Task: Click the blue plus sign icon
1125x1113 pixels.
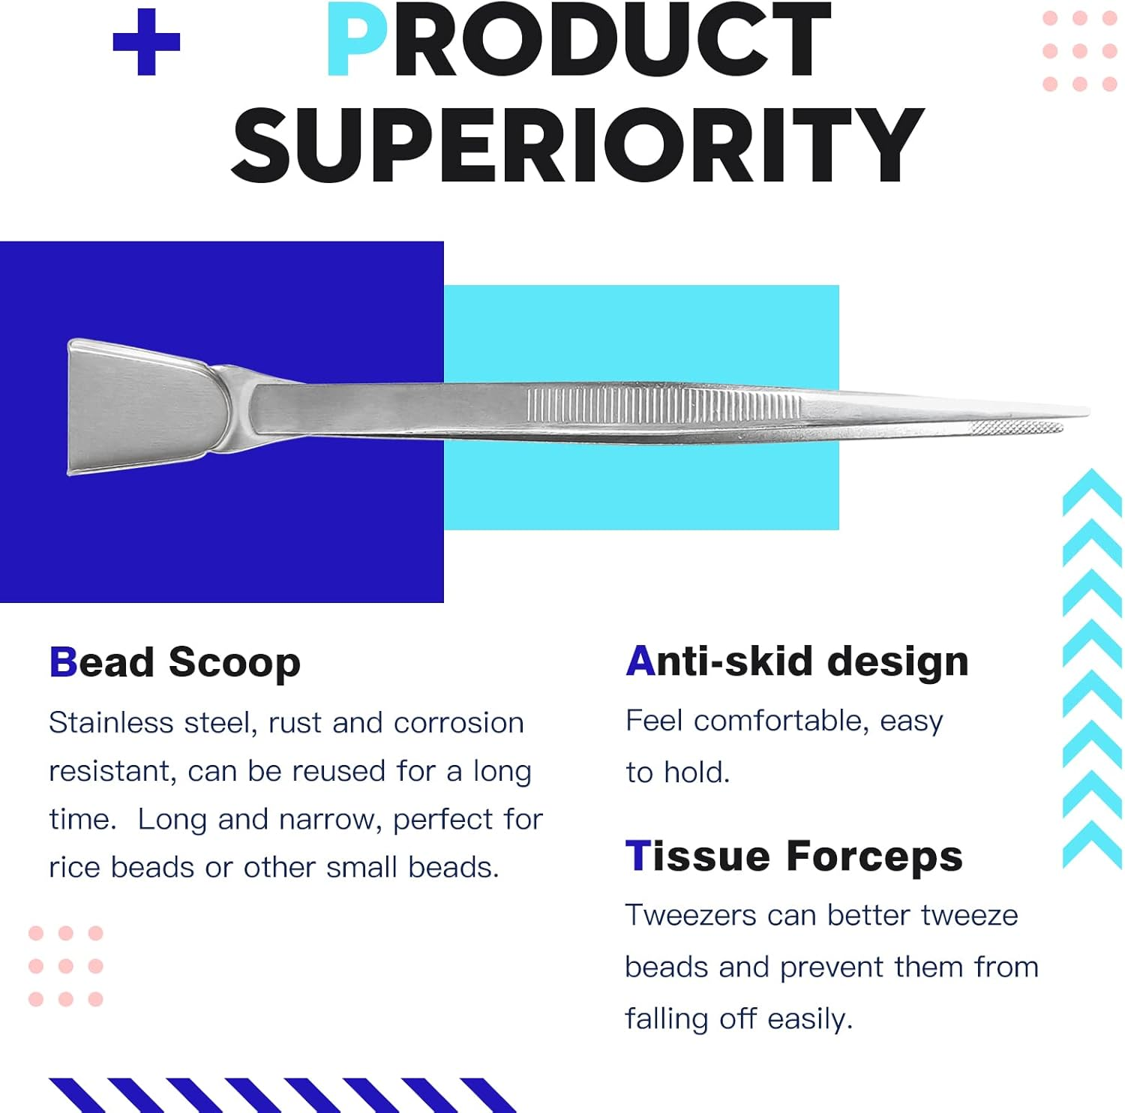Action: tap(146, 42)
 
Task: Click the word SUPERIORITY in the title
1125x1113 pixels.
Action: tap(577, 145)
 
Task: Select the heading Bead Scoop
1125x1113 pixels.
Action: tap(175, 663)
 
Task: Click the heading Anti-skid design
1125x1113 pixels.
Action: tap(797, 661)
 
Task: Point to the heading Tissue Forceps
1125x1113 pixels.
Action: tap(794, 856)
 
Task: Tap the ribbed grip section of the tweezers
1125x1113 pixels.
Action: tap(664, 404)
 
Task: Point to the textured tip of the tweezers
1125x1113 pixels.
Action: tap(1016, 428)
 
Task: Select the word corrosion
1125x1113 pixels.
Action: tap(459, 723)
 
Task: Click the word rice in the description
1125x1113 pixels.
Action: tap(75, 868)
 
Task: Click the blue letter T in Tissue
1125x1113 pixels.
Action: tap(637, 856)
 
